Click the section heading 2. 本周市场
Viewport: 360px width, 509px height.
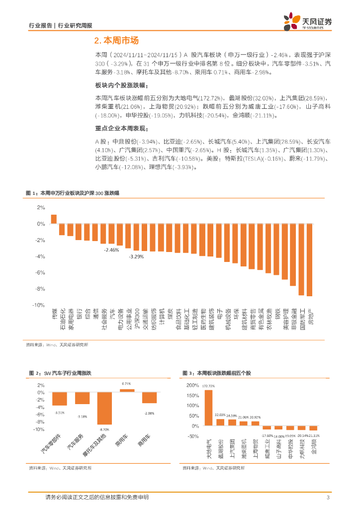tap(116, 41)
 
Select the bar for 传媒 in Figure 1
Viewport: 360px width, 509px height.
tap(54, 219)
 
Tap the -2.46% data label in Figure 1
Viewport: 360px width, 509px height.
tap(111, 250)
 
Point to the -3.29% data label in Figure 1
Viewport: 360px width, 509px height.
tap(136, 256)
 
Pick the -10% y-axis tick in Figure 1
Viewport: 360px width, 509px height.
tap(38, 305)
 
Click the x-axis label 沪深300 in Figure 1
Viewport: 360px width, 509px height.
tap(144, 318)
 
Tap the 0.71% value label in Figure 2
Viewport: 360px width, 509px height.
tap(127, 384)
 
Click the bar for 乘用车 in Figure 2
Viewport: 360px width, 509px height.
tap(127, 391)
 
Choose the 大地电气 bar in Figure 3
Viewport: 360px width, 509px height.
tap(208, 408)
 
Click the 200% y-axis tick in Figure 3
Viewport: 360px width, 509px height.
tap(191, 385)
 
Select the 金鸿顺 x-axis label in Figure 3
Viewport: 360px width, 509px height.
tap(313, 447)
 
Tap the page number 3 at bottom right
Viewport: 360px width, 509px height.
tap(328, 498)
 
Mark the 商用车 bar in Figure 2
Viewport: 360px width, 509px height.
tap(149, 397)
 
